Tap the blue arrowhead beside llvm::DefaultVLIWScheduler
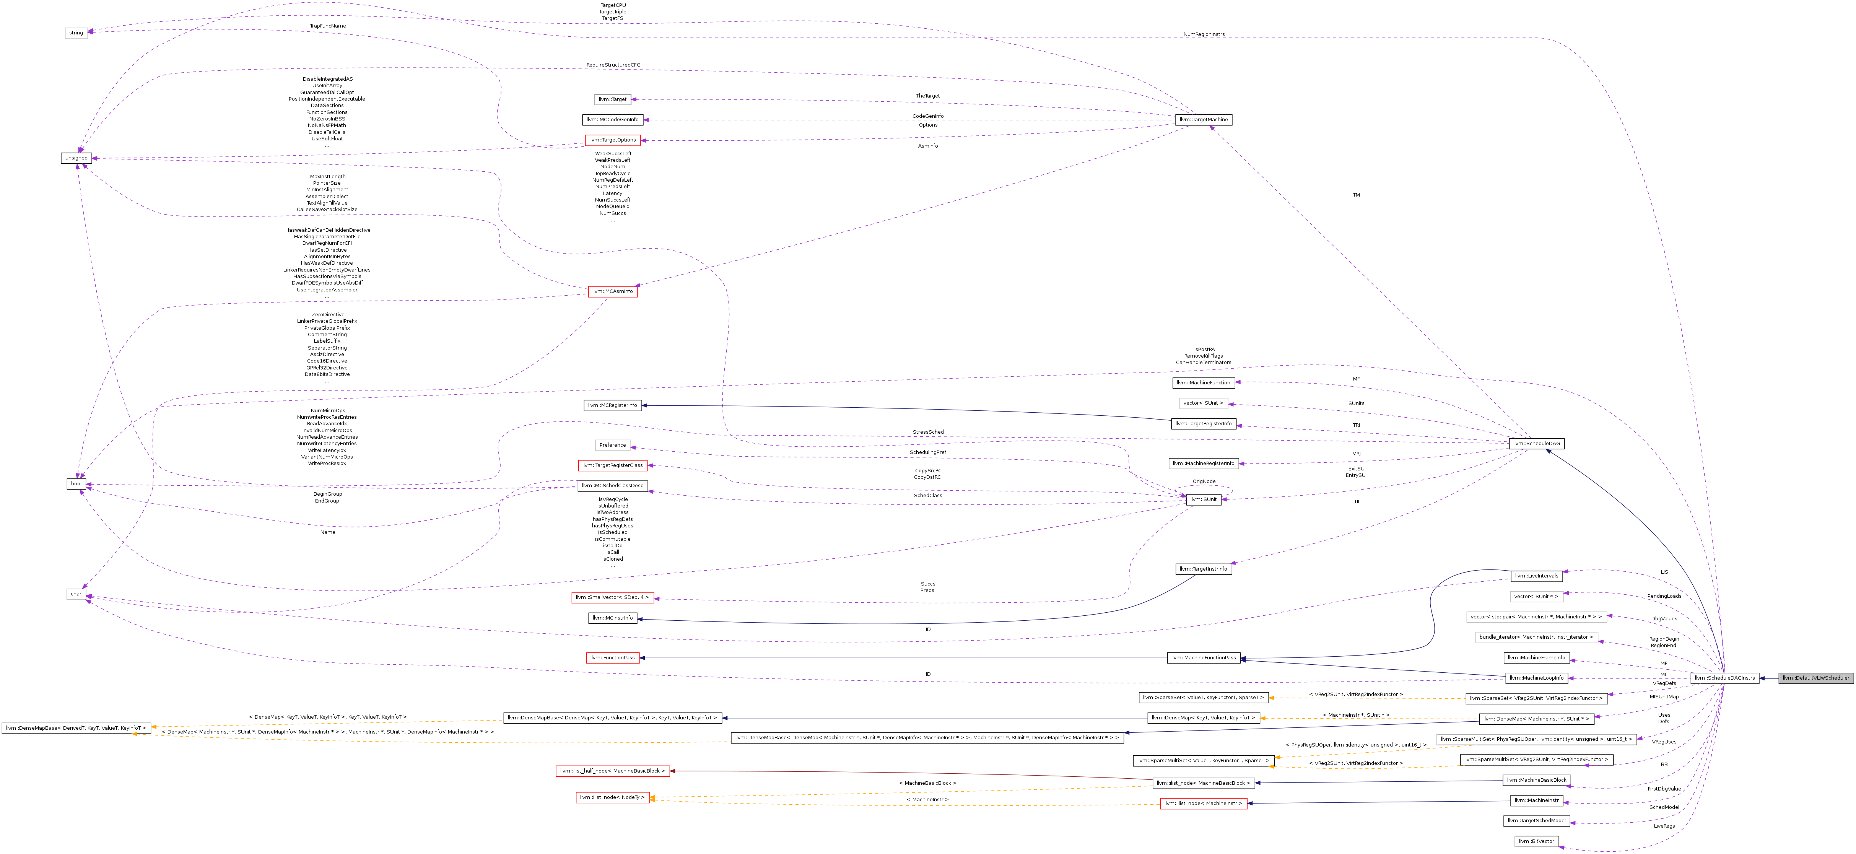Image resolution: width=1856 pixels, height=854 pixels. (x=1762, y=678)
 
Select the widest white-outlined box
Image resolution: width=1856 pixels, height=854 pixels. (x=1536, y=617)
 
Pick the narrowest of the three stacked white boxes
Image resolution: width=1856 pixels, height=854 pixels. (x=1536, y=597)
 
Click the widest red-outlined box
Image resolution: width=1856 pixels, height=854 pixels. (x=612, y=771)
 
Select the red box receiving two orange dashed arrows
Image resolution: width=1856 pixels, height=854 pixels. (x=612, y=798)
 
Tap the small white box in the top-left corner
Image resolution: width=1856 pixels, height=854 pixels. (x=76, y=33)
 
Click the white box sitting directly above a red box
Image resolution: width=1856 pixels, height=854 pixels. (x=612, y=446)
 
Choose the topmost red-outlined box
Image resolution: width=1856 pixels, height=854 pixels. (x=612, y=140)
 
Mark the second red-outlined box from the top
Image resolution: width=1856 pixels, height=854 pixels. (x=612, y=292)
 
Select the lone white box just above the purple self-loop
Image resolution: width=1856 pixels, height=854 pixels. (x=1203, y=403)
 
